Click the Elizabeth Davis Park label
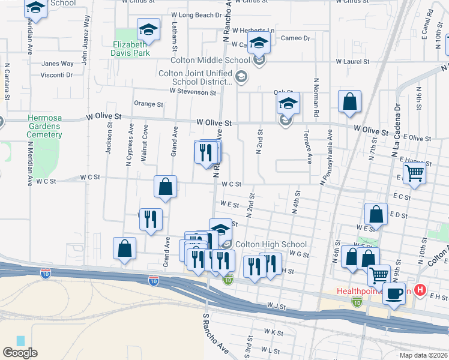[130, 49]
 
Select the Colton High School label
[271, 244]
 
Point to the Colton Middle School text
[210, 60]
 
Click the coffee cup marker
[394, 294]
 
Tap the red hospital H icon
[420, 291]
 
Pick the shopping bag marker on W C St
[165, 187]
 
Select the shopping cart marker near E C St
[414, 173]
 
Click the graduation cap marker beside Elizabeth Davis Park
[148, 29]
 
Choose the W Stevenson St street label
[193, 92]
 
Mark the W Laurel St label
[355, 61]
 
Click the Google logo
[20, 353]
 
